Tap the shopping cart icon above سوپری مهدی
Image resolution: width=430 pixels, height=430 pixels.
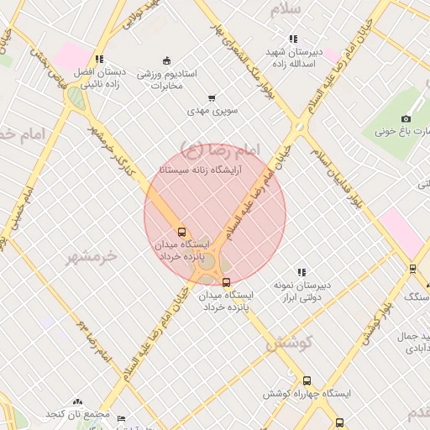pyautogui.click(x=212, y=97)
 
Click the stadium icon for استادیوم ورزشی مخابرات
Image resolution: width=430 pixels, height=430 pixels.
pyautogui.click(x=166, y=60)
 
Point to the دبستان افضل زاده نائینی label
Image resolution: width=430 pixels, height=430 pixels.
pyautogui.click(x=99, y=77)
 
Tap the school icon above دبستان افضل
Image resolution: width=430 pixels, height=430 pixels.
pyautogui.click(x=99, y=60)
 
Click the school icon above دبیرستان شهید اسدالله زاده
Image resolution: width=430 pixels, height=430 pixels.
pyautogui.click(x=293, y=39)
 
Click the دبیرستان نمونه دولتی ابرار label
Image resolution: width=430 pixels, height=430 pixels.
pyautogui.click(x=302, y=291)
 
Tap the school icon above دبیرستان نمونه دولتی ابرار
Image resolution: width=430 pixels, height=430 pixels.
pyautogui.click(x=302, y=272)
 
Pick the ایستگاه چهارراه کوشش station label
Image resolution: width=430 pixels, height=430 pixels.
pyautogui.click(x=307, y=393)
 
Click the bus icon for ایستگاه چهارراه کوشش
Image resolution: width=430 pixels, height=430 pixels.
pyautogui.click(x=307, y=380)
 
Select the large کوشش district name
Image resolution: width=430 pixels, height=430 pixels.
pyautogui.click(x=290, y=343)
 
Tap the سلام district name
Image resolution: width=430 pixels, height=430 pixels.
pyautogui.click(x=286, y=10)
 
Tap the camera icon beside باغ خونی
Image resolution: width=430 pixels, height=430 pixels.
pyautogui.click(x=406, y=118)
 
